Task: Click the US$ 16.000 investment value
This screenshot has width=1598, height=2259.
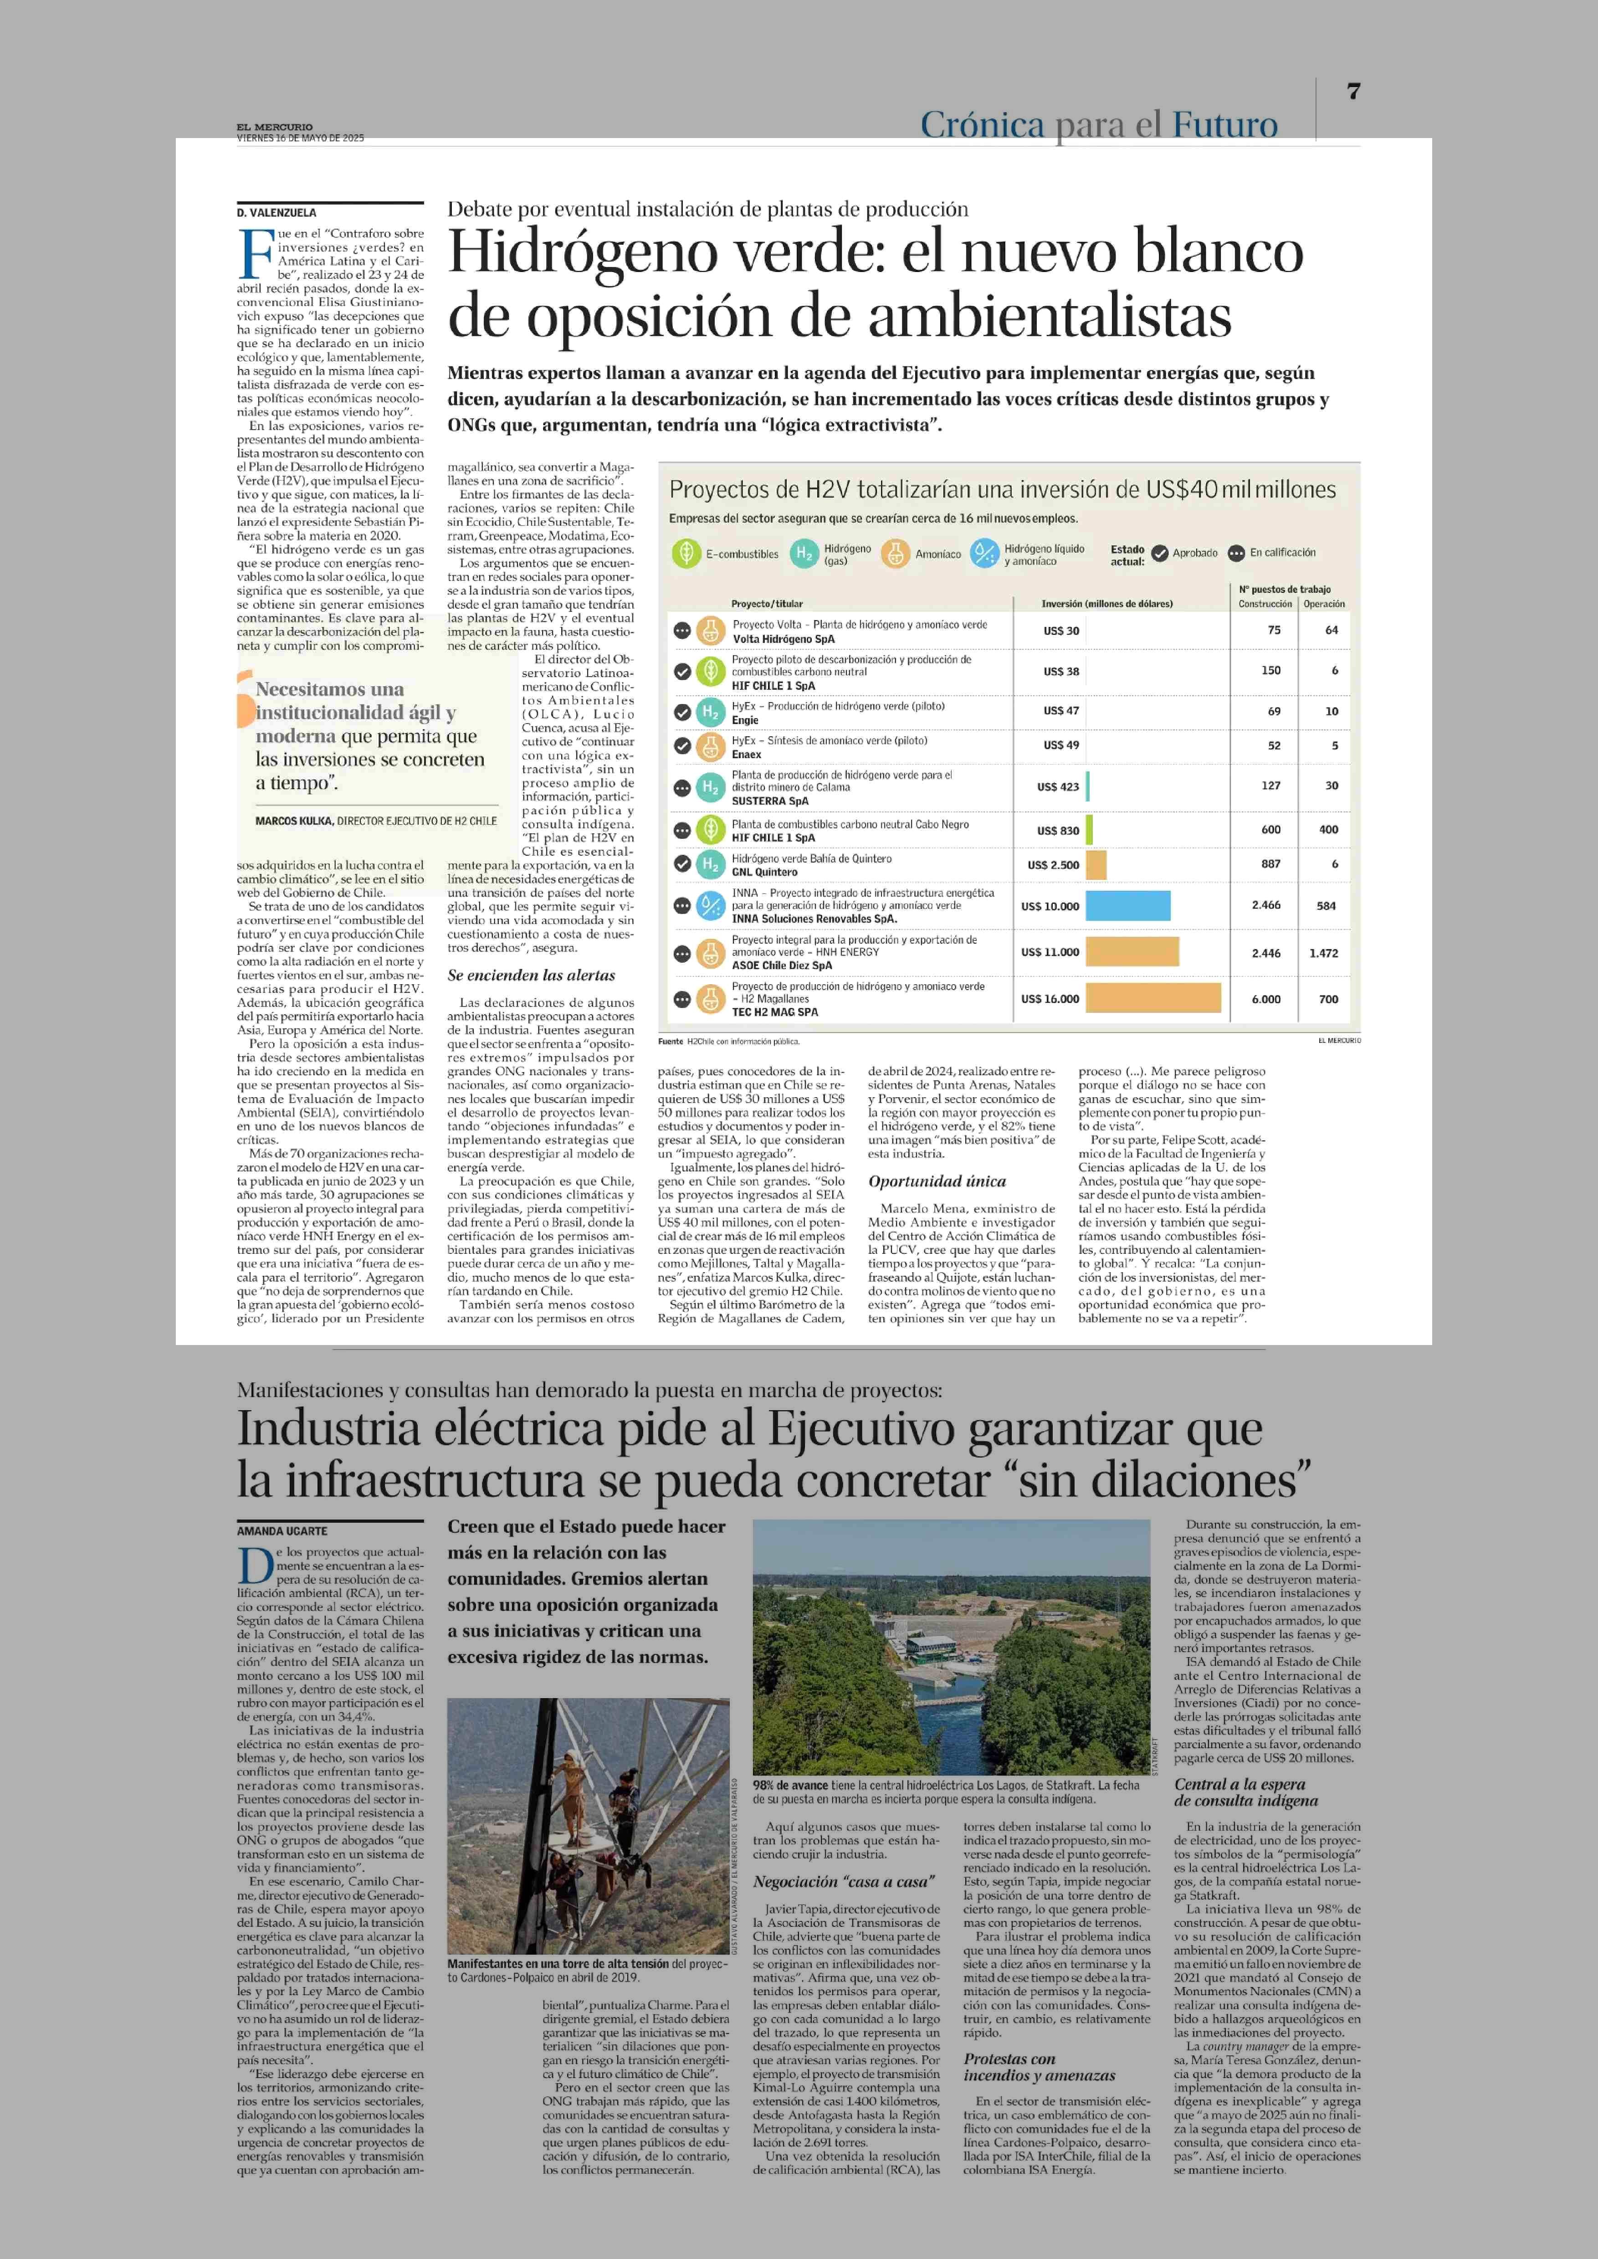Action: point(1050,999)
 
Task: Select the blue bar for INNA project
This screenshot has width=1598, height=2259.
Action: point(1127,906)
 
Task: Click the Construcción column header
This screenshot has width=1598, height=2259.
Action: point(1265,604)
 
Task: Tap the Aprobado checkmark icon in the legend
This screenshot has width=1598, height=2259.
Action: point(1160,553)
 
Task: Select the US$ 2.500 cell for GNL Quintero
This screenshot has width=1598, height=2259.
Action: point(1053,865)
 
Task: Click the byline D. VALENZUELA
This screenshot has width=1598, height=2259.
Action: point(277,213)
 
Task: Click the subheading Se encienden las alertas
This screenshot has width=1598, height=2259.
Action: point(531,975)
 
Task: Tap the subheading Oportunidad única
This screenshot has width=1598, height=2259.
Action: point(937,1181)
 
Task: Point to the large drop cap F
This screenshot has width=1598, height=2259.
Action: point(256,254)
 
